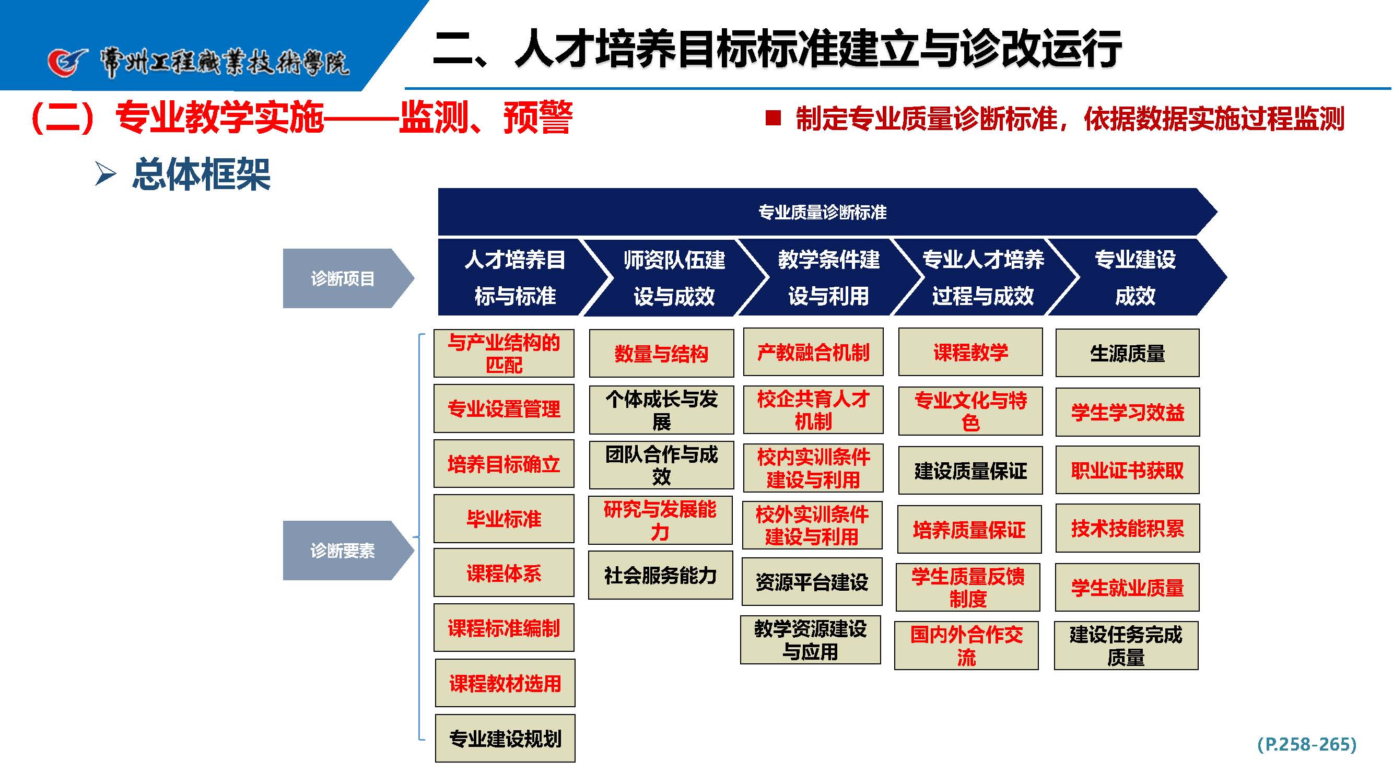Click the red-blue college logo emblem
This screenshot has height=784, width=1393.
(x=66, y=62)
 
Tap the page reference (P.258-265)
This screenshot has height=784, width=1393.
(x=1306, y=744)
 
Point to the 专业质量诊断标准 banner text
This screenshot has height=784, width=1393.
(x=822, y=213)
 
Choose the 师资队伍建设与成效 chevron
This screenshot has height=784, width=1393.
(x=674, y=277)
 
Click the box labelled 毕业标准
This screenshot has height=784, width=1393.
(x=504, y=519)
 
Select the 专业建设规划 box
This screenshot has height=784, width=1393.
(x=505, y=739)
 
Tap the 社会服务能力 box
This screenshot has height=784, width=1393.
(x=660, y=575)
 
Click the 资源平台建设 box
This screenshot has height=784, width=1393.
(x=811, y=582)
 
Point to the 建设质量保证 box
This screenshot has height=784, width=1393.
(x=970, y=471)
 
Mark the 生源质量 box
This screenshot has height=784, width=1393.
(x=1127, y=353)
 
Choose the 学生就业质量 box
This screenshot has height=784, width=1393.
(x=1127, y=588)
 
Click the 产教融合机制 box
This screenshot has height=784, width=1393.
(x=813, y=352)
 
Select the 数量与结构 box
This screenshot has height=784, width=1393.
(x=661, y=354)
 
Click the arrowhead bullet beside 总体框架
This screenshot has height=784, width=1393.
(x=106, y=173)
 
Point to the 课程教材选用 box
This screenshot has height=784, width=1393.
(x=505, y=683)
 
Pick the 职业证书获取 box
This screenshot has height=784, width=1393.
(x=1127, y=471)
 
